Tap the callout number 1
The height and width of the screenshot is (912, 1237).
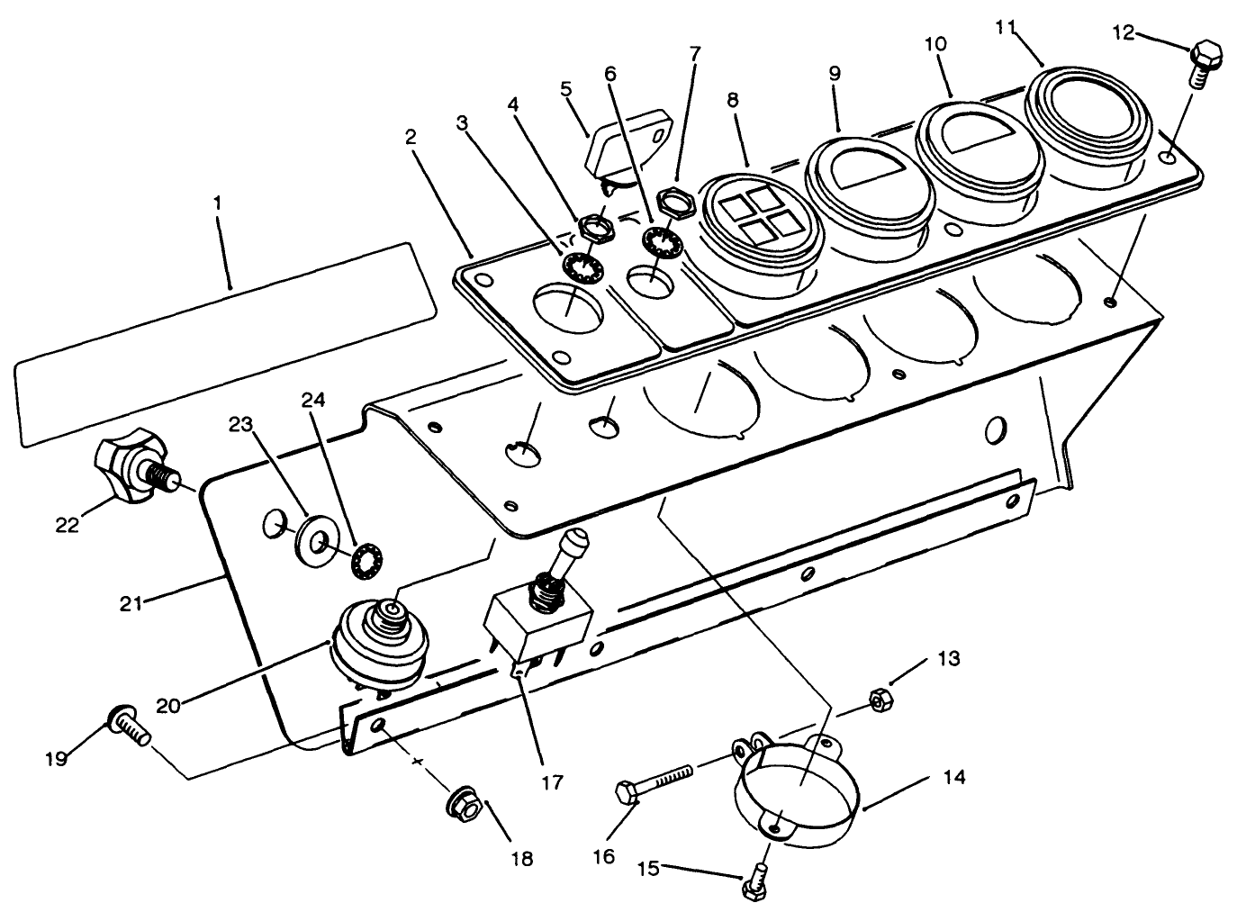[x=216, y=204]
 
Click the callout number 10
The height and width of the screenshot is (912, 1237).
[x=936, y=42]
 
